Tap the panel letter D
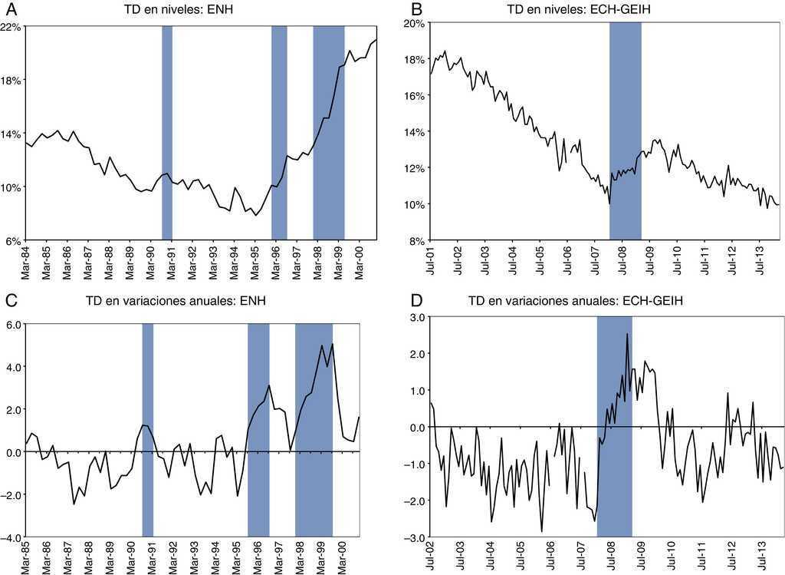[417, 306]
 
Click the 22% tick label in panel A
[11, 27]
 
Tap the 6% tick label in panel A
[13, 240]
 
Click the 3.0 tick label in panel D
[416, 317]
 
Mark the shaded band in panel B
[625, 131]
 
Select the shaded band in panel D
[614, 425]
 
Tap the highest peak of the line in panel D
[627, 334]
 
